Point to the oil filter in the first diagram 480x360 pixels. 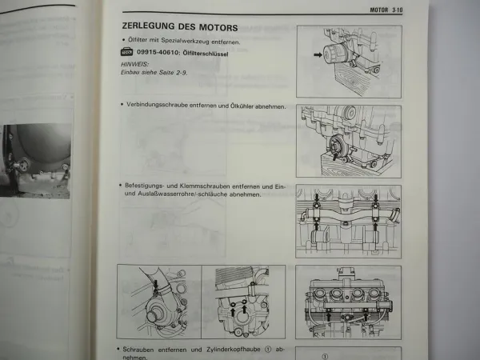coord(336,57)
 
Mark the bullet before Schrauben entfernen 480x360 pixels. coord(120,350)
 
